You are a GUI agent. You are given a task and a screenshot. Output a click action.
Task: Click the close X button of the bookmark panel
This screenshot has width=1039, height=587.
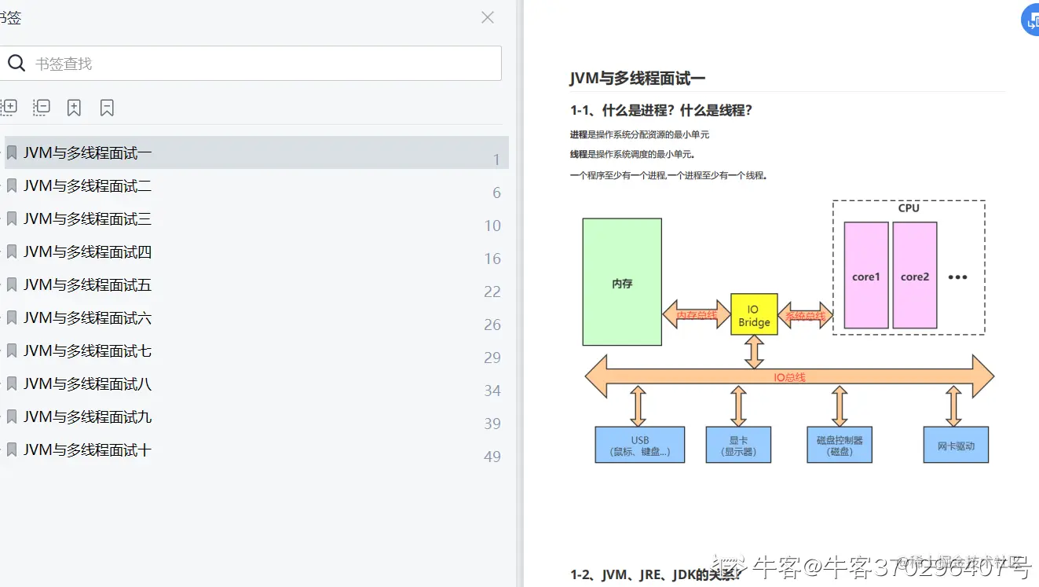(488, 17)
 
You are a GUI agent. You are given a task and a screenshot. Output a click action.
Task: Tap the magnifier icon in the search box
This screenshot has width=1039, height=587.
(16, 63)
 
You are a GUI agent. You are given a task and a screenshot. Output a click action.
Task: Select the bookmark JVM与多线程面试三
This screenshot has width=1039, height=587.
(87, 219)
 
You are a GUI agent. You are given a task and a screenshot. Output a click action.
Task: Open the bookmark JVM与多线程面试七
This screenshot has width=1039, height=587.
(87, 351)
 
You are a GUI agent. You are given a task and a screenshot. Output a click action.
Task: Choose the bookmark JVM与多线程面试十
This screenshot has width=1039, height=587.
(87, 450)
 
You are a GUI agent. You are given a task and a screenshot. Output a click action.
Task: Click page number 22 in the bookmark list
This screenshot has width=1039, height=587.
(492, 292)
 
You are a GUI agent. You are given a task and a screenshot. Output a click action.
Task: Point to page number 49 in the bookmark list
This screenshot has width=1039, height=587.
(492, 457)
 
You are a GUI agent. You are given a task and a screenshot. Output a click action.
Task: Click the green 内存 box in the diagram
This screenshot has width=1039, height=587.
(622, 282)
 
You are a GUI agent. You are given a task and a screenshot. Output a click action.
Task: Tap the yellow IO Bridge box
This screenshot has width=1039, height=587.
(754, 315)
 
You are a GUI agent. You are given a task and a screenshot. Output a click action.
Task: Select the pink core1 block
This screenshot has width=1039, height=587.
(866, 276)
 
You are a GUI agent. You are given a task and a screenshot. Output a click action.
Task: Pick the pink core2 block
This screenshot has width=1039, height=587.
(915, 276)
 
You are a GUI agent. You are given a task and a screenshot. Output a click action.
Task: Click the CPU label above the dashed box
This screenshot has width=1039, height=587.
(909, 208)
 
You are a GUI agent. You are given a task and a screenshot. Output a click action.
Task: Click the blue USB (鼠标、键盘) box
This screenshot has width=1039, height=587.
(640, 446)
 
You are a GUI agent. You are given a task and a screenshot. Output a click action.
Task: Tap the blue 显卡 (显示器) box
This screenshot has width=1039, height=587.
(739, 446)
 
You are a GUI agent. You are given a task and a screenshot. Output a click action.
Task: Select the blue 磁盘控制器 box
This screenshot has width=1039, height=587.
(840, 446)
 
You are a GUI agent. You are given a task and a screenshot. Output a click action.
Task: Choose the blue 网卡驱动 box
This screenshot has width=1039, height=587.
(956, 446)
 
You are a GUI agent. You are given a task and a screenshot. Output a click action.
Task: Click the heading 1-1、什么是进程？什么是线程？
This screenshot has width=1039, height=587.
(661, 111)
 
